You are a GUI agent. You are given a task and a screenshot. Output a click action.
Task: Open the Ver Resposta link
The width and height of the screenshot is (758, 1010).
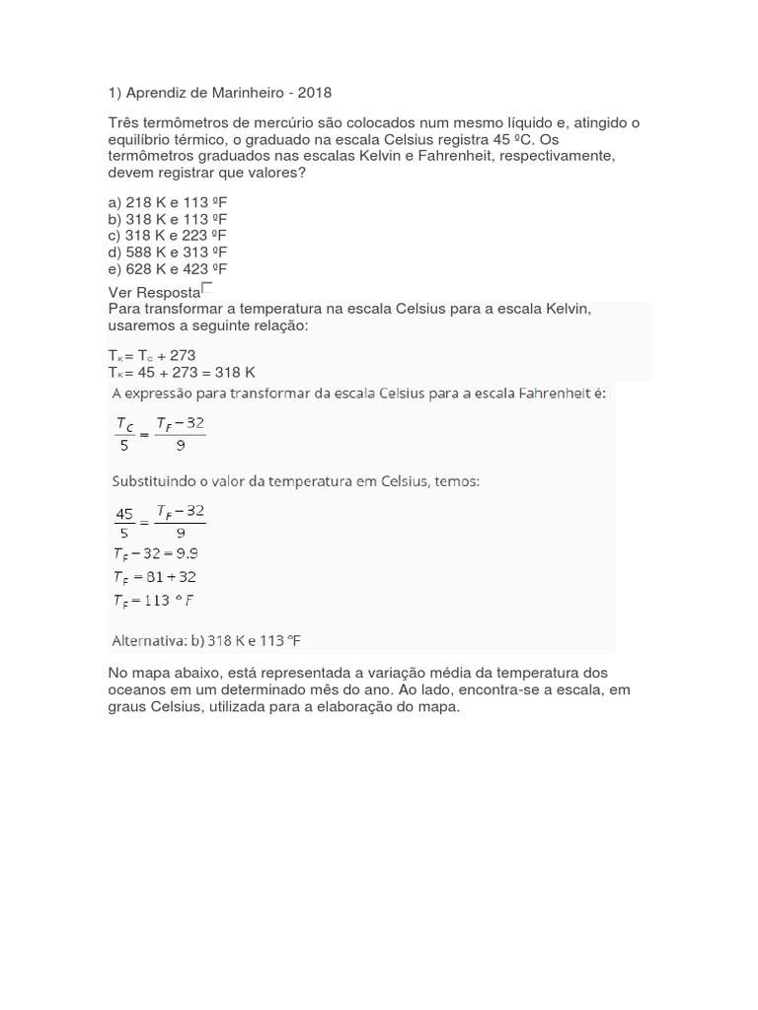pos(153,292)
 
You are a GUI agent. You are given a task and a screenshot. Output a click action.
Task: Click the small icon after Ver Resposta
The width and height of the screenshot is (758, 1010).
pos(206,288)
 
